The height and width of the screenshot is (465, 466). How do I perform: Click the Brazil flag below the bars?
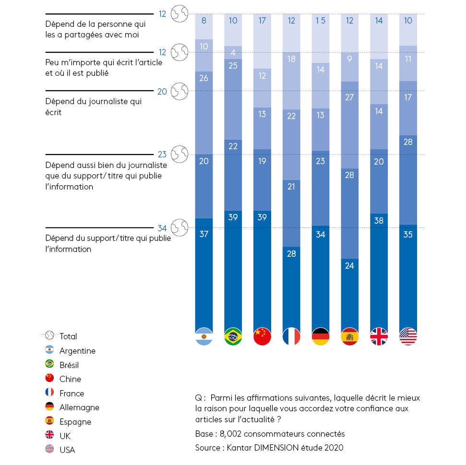pos(233,336)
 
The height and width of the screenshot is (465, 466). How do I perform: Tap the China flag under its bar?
pos(263,336)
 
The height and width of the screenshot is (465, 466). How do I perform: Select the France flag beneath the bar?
pos(292,336)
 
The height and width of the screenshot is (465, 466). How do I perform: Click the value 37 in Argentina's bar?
pos(204,234)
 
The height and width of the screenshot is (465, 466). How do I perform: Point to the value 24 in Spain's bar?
pos(349,265)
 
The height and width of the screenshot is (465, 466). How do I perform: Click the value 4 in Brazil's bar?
pos(233,52)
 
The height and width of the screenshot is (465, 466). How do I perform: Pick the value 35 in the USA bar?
pos(408,235)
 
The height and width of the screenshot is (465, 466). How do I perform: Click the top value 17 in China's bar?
pos(263,21)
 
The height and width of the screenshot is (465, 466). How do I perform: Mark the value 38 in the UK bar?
pos(379,221)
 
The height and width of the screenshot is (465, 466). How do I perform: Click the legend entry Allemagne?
pos(79,407)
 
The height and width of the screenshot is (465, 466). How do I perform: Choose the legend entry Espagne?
pos(75,422)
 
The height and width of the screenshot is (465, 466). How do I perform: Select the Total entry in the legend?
pos(68,336)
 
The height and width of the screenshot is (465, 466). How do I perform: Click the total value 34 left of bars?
pos(162,228)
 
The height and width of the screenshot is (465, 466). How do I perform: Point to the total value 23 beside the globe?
pos(162,155)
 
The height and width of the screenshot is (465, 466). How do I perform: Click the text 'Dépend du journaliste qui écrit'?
pos(93,107)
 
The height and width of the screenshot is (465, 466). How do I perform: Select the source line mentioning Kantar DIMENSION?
pos(269,448)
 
